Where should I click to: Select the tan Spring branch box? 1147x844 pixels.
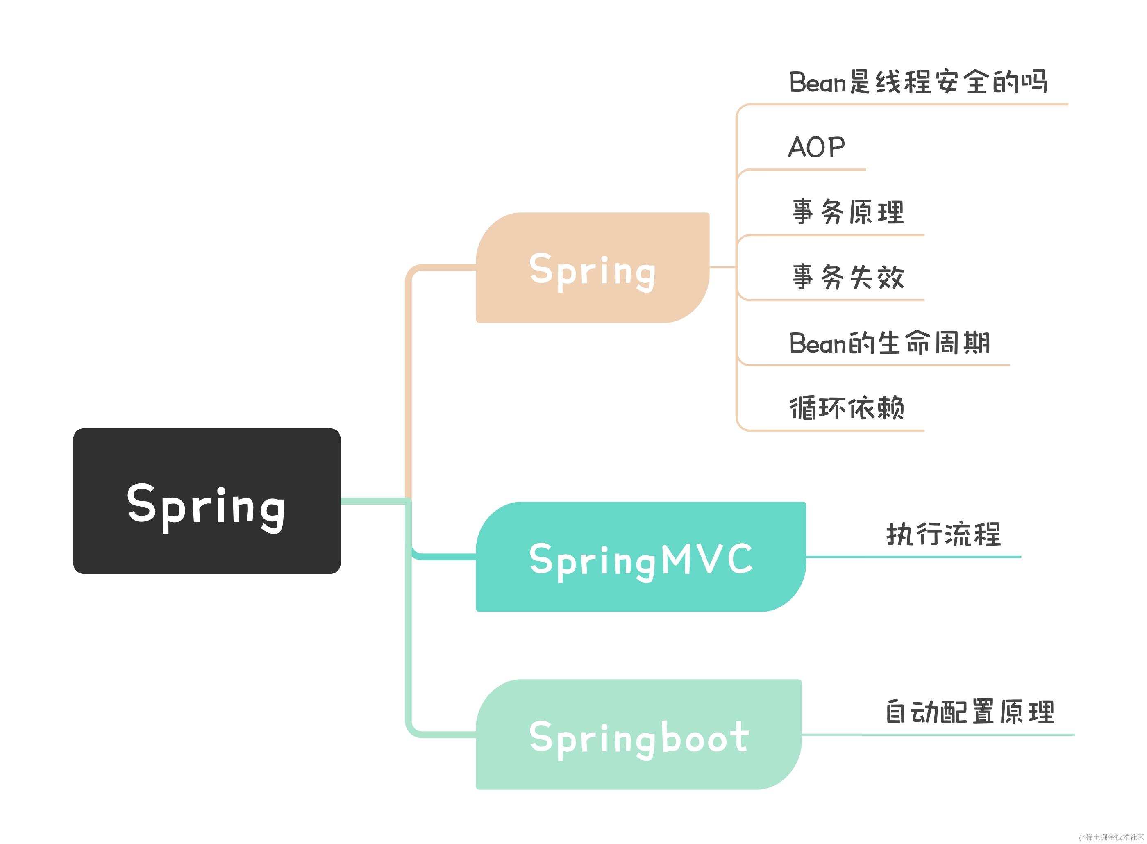pyautogui.click(x=593, y=268)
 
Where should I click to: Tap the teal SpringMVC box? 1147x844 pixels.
pyautogui.click(x=641, y=557)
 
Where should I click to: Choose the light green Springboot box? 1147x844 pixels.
pyautogui.click(x=638, y=734)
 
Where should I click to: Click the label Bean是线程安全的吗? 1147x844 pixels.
pyautogui.click(x=918, y=82)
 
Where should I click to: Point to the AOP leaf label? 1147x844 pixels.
pyautogui.click(x=816, y=147)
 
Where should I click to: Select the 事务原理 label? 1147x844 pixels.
pyautogui.click(x=848, y=212)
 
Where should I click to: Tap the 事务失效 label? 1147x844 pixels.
pyautogui.click(x=848, y=278)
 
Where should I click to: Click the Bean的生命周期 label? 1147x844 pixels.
pyautogui.click(x=890, y=343)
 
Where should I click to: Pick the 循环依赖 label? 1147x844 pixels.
pyautogui.click(x=847, y=408)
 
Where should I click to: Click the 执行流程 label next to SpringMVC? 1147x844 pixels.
pyautogui.click(x=943, y=535)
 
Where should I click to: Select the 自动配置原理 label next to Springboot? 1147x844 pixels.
pyautogui.click(x=969, y=712)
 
